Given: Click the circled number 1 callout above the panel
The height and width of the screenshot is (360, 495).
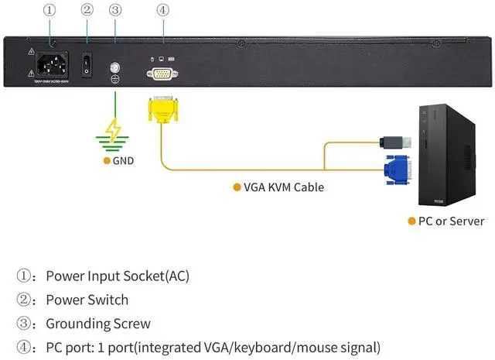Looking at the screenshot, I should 50,11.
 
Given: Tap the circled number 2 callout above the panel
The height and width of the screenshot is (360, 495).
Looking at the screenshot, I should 87,11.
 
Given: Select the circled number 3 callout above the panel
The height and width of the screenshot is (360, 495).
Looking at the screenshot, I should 115,11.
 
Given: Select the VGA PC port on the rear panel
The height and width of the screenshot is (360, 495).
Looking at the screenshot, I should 161,73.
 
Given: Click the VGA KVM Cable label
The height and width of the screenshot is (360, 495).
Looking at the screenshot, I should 283,187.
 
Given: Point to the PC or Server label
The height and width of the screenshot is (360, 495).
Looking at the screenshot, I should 451,221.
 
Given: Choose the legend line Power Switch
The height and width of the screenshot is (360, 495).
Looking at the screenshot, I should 87,300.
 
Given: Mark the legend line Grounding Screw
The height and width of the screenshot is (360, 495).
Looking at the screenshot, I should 98,324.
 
